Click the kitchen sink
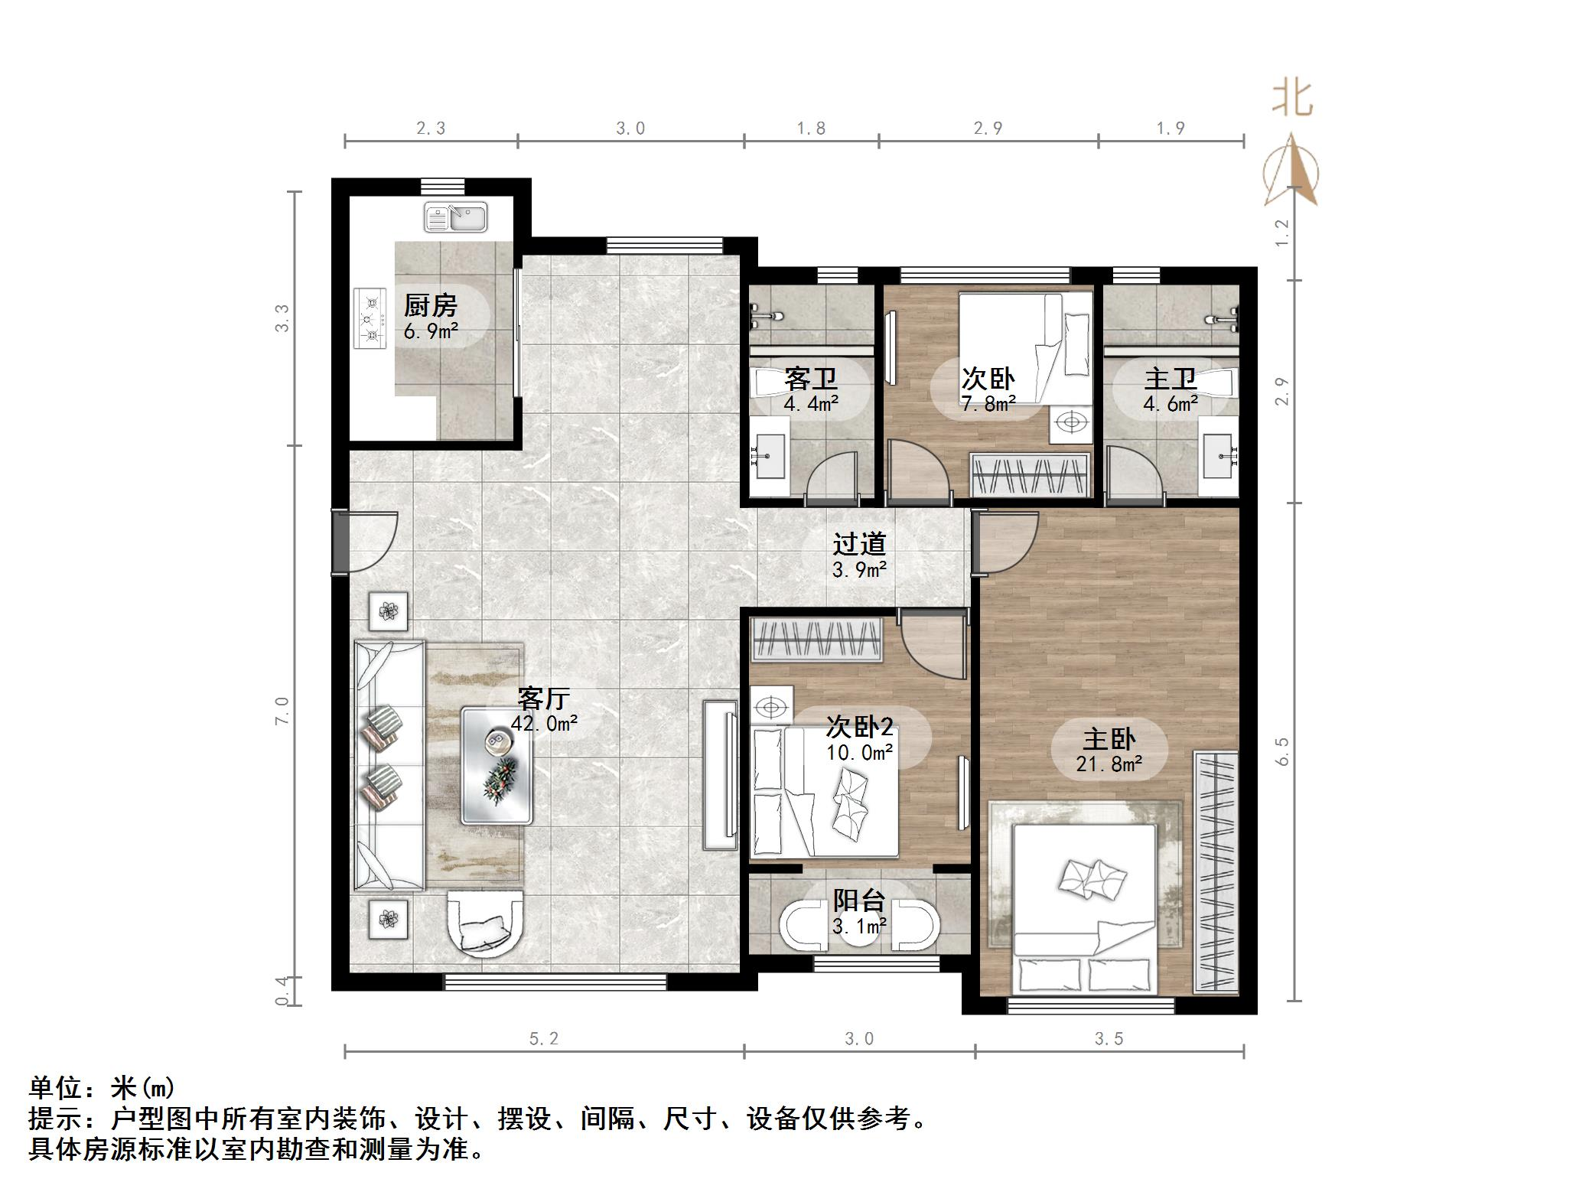click(456, 217)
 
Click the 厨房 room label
click(430, 306)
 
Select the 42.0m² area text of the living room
click(544, 723)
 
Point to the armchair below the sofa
click(485, 924)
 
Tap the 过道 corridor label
click(858, 544)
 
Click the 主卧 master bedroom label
click(1109, 738)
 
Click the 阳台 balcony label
click(858, 901)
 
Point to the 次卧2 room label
click(858, 727)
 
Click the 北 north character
click(1292, 99)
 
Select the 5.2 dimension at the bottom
click(544, 1038)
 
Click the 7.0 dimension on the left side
click(282, 711)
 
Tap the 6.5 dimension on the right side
click(1283, 751)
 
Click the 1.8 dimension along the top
click(811, 129)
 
